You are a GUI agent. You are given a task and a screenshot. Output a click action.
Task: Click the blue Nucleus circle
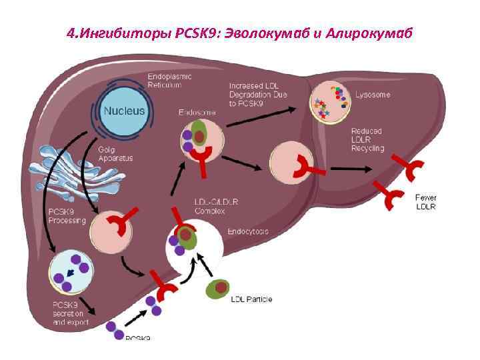[123, 111]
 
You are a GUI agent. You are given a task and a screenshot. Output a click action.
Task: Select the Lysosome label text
[373, 95]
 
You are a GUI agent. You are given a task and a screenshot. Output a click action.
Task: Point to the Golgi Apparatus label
[116, 154]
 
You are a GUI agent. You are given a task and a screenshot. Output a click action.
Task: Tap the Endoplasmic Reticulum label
[170, 81]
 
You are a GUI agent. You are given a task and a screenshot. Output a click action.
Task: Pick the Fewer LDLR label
[426, 202]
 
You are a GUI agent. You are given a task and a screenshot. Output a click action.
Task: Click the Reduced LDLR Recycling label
[367, 140]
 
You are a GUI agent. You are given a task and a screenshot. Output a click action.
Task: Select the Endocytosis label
[248, 231]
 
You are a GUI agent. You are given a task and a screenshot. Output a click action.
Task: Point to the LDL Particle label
[251, 299]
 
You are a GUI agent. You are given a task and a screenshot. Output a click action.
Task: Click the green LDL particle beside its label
[218, 290]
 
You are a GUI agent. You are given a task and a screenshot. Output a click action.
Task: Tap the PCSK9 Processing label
[67, 217]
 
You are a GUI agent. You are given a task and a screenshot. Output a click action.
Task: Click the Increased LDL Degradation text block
[254, 95]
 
